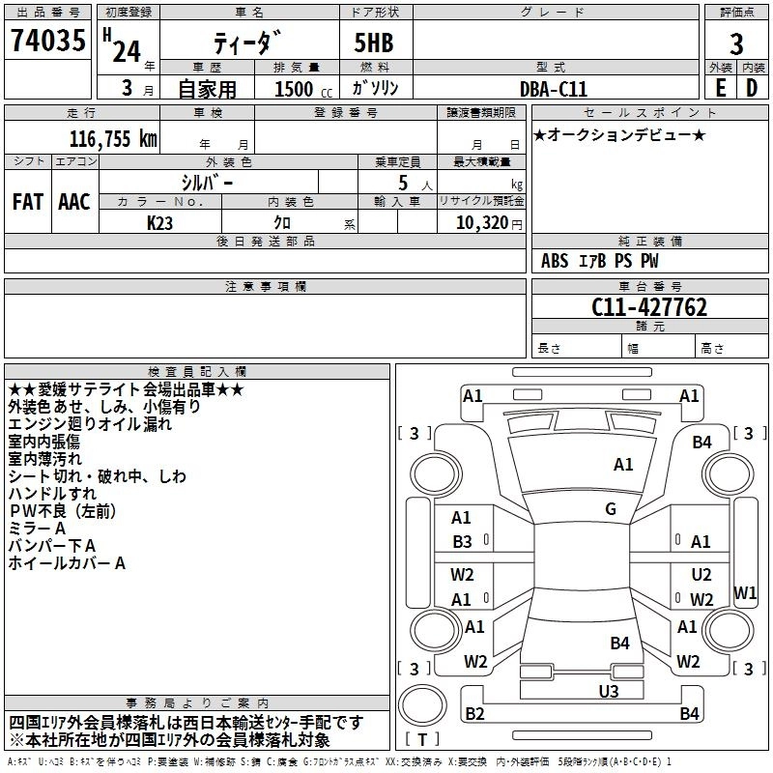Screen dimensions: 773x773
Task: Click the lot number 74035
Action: click(x=47, y=41)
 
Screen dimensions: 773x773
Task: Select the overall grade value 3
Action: click(x=736, y=44)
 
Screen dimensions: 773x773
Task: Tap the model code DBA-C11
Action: click(x=554, y=89)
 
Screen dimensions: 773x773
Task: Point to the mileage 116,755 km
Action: click(x=113, y=139)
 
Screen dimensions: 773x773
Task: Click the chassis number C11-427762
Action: click(x=649, y=307)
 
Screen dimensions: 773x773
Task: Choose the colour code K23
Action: click(x=159, y=223)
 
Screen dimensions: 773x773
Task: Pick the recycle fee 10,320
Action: click(x=481, y=223)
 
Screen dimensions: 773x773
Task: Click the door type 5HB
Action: click(x=374, y=43)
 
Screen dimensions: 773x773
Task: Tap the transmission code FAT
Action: click(x=28, y=202)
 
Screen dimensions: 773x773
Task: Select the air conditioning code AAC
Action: click(x=74, y=202)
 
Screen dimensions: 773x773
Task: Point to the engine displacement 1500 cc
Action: click(x=303, y=89)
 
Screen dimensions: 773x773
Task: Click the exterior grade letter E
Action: click(x=721, y=88)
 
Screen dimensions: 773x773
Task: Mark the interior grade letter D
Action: click(x=752, y=88)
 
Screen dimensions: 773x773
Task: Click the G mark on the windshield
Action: click(x=611, y=509)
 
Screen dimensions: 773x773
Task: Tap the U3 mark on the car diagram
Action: click(x=609, y=691)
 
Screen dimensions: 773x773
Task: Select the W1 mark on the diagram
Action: click(x=745, y=592)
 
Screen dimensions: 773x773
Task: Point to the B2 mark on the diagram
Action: click(x=474, y=713)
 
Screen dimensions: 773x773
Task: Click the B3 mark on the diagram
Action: click(x=463, y=542)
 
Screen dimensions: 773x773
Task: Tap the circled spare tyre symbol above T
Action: click(x=422, y=705)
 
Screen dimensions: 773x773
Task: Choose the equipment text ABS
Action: click(x=555, y=261)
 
